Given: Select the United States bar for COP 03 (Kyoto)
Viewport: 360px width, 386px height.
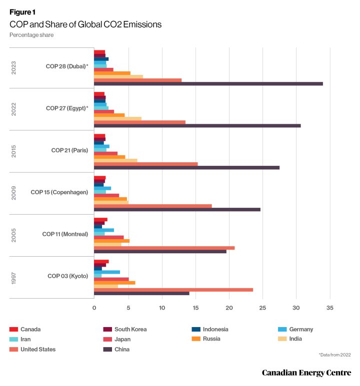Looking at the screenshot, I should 173,290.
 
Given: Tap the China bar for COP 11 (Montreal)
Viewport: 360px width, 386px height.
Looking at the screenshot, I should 160,251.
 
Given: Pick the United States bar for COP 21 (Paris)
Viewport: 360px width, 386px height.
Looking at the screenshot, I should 145,164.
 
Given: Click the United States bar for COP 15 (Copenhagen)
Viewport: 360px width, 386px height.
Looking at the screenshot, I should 153,206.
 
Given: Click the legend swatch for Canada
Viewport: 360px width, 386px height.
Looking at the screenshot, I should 13,330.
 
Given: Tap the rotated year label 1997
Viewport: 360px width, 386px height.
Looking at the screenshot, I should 14,277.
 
